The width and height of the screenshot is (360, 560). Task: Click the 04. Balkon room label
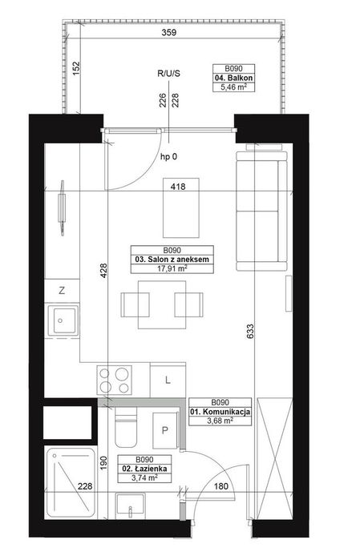[x=234, y=78]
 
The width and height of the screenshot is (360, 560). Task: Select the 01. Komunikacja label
[x=220, y=412]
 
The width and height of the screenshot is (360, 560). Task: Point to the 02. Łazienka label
[x=144, y=469]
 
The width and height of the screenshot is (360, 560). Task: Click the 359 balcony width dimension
[x=168, y=33]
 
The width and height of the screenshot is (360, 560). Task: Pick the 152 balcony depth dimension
[x=76, y=68]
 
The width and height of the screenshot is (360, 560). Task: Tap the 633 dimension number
[x=249, y=331]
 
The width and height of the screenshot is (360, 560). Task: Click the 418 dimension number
[x=178, y=186]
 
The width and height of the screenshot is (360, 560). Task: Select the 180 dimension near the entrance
[x=221, y=486]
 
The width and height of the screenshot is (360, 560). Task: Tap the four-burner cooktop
[x=115, y=381]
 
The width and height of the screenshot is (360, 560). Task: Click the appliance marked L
[x=168, y=380]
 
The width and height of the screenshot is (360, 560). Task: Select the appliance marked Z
[x=62, y=291]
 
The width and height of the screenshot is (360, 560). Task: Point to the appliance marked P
[x=165, y=430]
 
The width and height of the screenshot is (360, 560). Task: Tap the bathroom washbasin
[x=130, y=506]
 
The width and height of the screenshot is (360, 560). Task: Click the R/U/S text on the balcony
[x=168, y=74]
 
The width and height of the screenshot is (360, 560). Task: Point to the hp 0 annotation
[x=168, y=156]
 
